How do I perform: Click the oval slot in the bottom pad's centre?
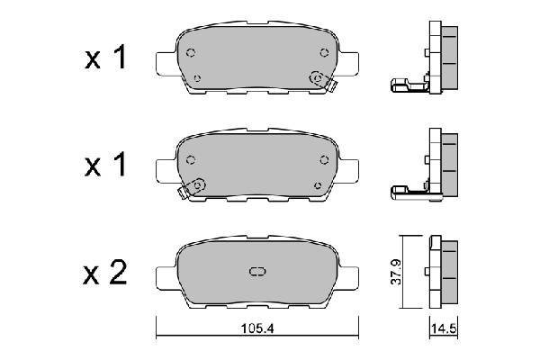coord(256,273)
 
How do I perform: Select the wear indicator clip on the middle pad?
coord(193,186)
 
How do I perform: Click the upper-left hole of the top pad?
coord(190,53)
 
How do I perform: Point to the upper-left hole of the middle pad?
coord(190,159)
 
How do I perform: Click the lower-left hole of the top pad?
coord(197,76)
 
